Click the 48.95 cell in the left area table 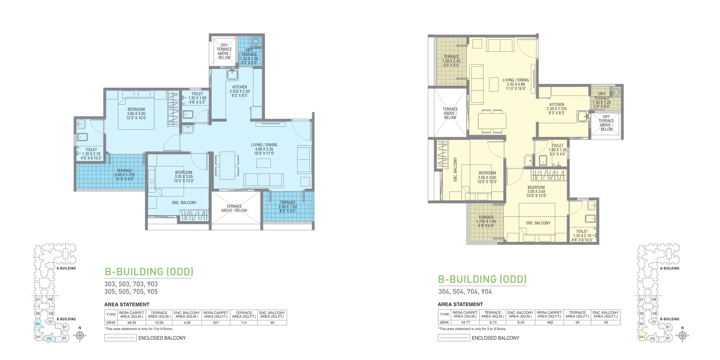132,323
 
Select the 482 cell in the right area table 550,322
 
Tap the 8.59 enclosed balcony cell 520,322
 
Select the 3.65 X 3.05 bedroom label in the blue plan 136,113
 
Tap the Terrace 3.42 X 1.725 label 124,175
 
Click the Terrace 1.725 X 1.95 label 486,221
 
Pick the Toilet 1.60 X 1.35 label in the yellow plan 557,150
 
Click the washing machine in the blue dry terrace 256,42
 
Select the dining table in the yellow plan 492,121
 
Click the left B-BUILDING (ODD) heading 149,272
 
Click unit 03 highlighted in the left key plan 49,339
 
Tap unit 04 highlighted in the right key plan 641,337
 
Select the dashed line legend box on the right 454,338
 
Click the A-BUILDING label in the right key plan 670,268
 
